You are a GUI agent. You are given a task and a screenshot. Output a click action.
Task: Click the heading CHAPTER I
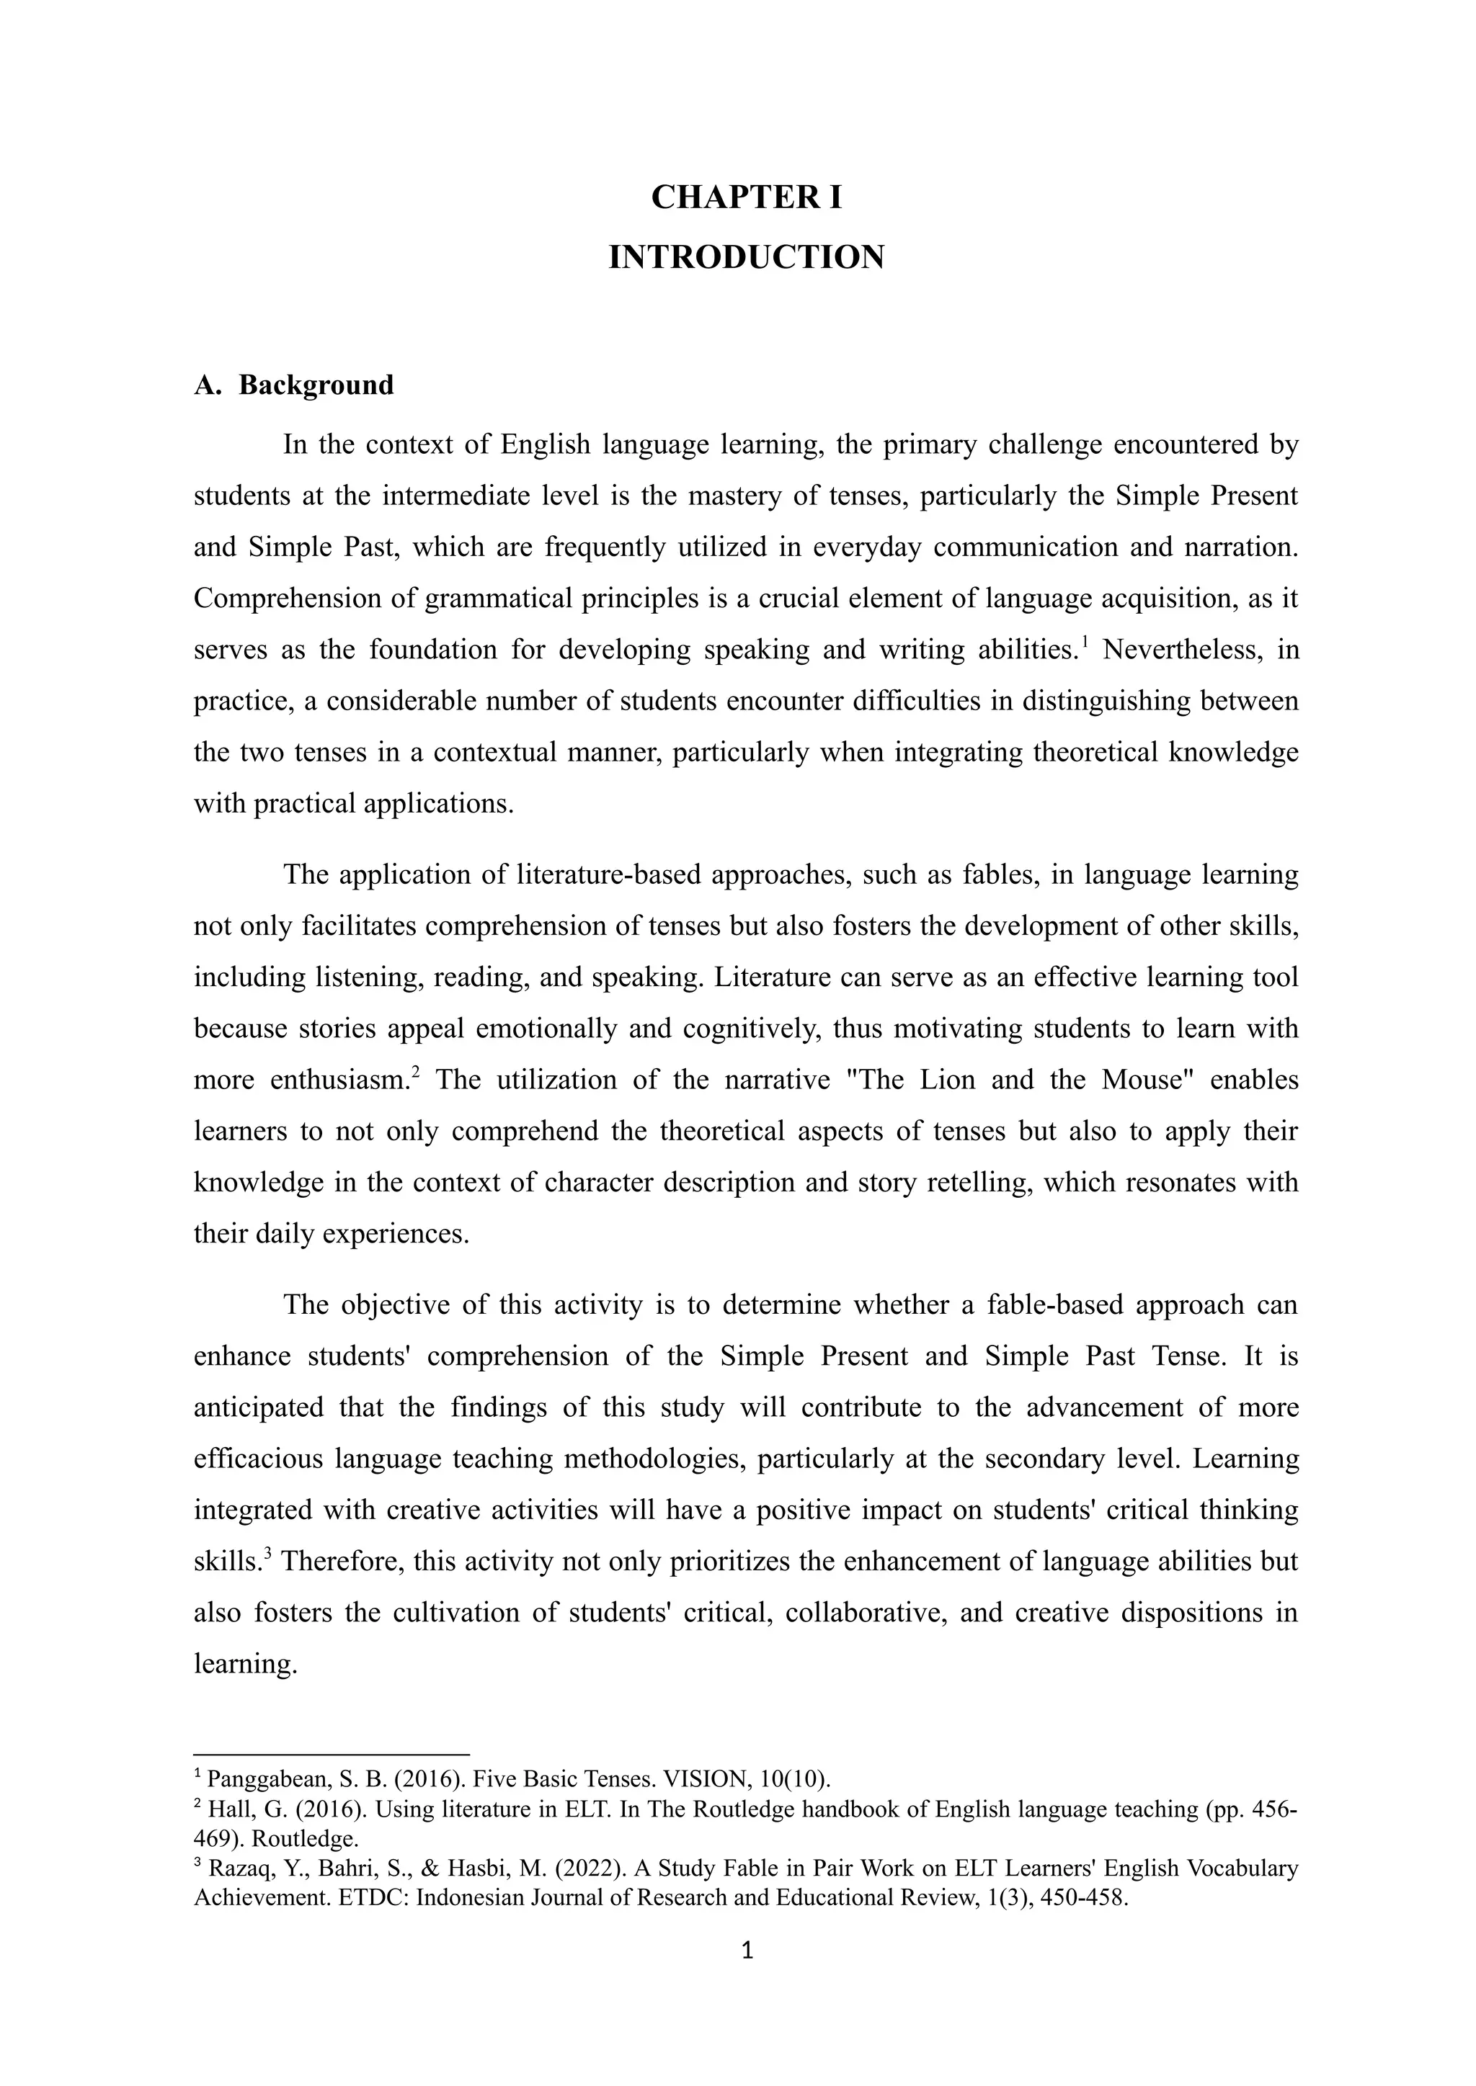point(746,197)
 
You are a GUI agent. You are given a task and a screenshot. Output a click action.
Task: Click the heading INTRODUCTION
point(746,257)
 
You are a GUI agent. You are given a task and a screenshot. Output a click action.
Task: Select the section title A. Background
point(293,385)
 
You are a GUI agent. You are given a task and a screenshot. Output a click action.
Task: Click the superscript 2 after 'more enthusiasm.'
point(415,1072)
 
